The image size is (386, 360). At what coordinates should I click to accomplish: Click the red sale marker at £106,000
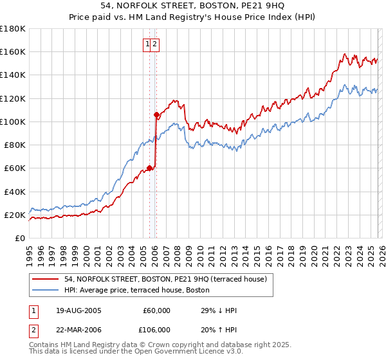[156, 115]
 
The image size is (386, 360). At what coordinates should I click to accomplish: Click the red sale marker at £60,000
[149, 168]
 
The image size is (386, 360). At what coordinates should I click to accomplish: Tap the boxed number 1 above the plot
[148, 44]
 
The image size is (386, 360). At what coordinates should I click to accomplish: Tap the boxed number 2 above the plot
[156, 44]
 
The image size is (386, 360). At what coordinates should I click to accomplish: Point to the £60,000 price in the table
[156, 310]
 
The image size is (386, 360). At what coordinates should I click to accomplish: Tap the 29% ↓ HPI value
[219, 310]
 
